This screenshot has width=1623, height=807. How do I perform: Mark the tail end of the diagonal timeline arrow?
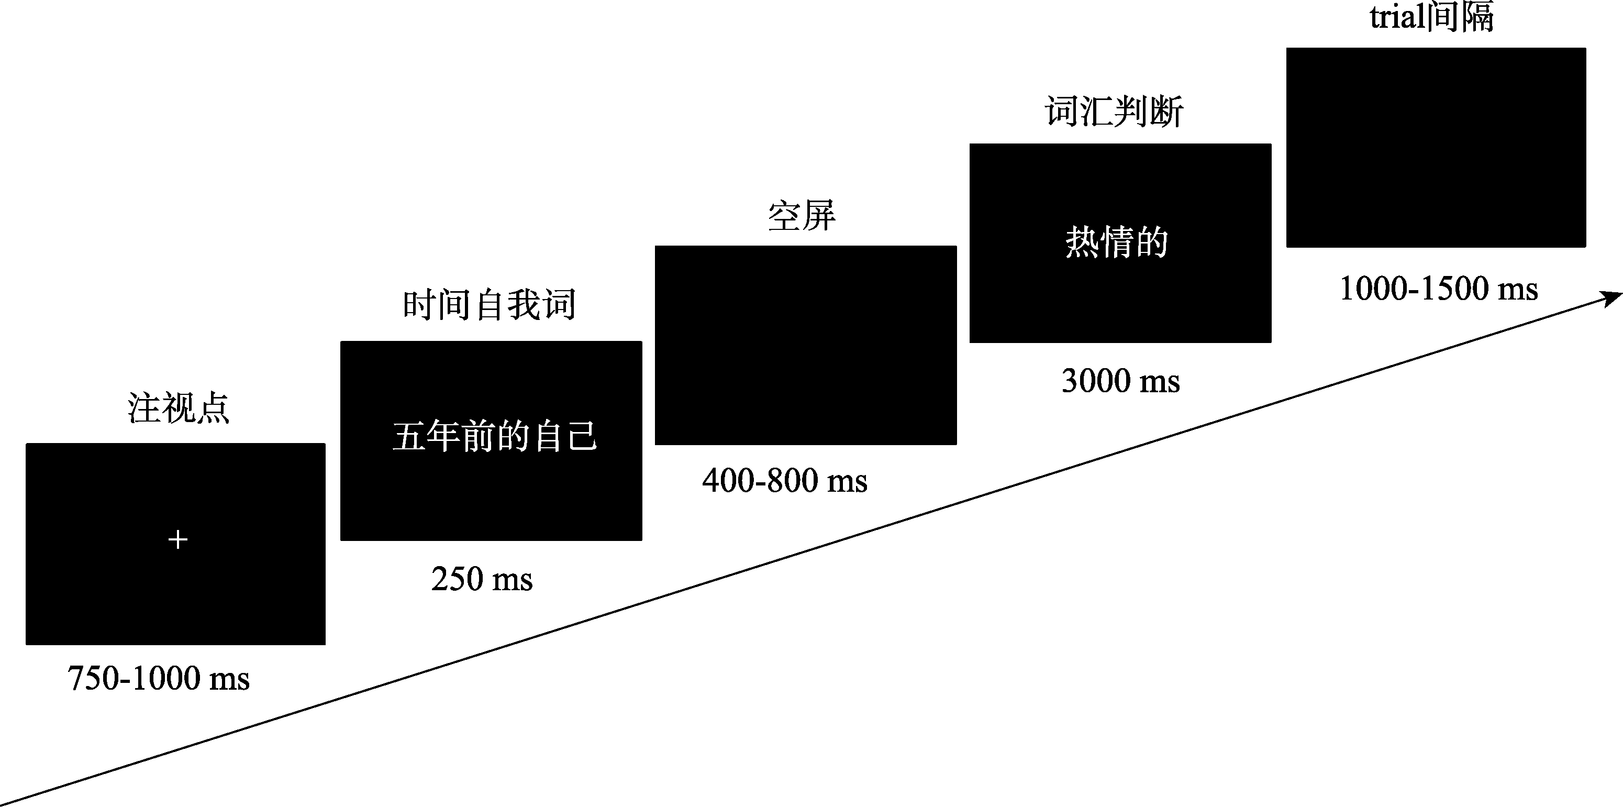(x=1, y=805)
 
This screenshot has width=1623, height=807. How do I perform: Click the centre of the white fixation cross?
(x=177, y=539)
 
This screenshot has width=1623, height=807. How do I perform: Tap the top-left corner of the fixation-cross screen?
(x=26, y=444)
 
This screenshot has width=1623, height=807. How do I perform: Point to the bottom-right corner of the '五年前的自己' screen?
(x=642, y=540)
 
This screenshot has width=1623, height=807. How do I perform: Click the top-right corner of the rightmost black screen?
(x=1586, y=48)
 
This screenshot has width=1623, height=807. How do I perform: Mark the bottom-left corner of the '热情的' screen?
(x=970, y=342)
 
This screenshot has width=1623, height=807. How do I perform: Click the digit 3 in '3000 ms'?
(x=1069, y=381)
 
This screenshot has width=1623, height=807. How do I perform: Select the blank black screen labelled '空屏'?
(x=806, y=345)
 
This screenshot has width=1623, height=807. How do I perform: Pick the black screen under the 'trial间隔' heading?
(x=1436, y=147)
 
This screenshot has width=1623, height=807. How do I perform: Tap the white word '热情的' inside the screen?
(x=1116, y=242)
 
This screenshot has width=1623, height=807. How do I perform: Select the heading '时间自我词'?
(x=490, y=305)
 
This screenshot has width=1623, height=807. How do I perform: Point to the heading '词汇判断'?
(x=1115, y=112)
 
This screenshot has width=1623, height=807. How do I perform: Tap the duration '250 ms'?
(x=482, y=579)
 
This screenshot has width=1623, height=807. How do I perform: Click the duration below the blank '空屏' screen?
(x=785, y=481)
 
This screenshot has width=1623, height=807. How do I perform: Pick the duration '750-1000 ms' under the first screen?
(x=159, y=679)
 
